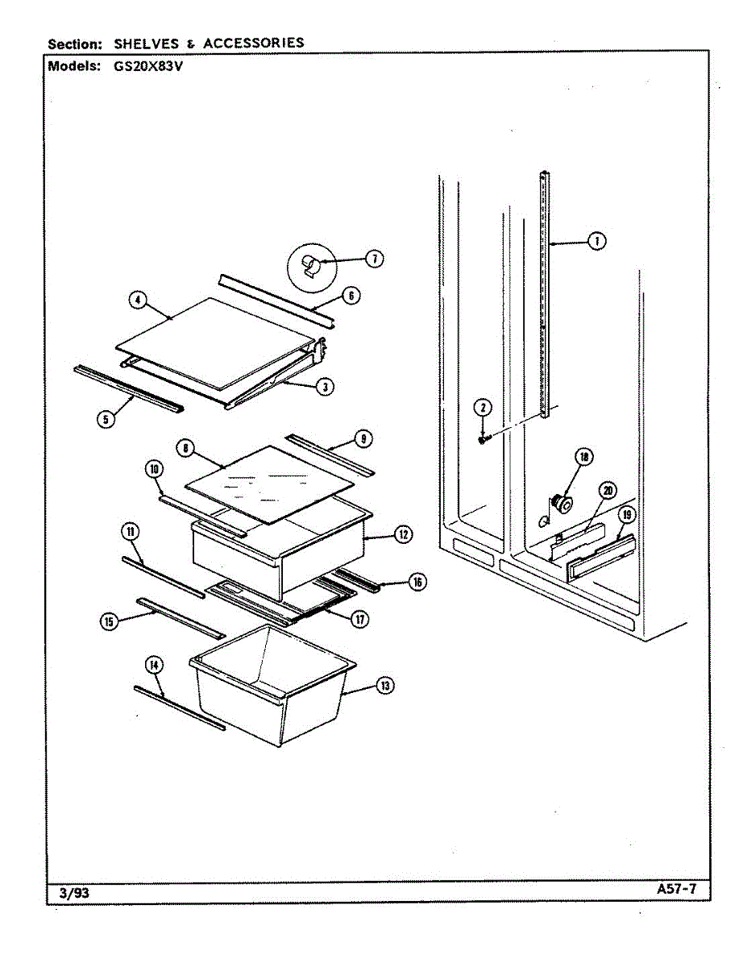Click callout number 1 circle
(x=596, y=240)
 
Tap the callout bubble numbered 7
(x=374, y=259)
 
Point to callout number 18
(x=583, y=457)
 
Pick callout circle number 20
(x=608, y=491)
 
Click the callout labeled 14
(x=154, y=665)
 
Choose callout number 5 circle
(x=106, y=419)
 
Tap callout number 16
(x=416, y=582)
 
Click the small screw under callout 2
(x=483, y=438)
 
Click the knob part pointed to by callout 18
(x=559, y=504)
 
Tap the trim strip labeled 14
(x=179, y=708)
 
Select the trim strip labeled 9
(x=330, y=455)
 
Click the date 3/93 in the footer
(x=72, y=893)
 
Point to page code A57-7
(x=676, y=890)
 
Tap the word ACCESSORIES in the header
(x=254, y=43)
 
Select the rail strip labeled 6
(x=276, y=303)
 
